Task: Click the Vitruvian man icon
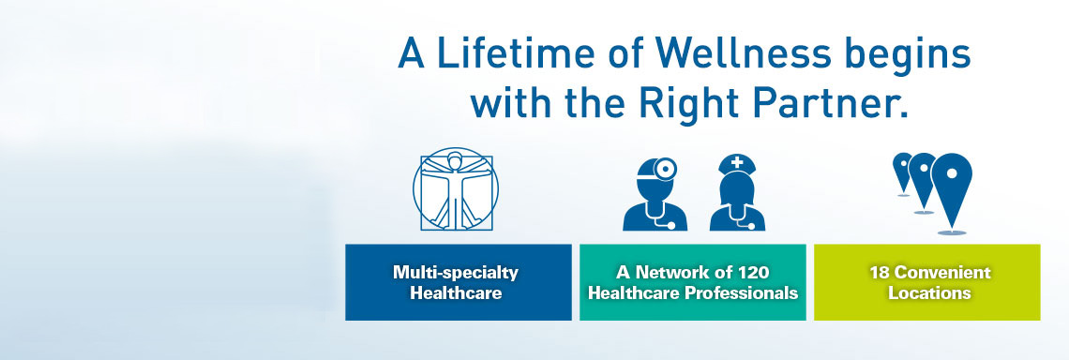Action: [456, 188]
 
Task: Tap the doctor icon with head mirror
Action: [655, 194]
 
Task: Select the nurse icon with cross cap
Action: [737, 192]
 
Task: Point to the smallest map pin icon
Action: [903, 173]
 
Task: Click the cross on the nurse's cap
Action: [737, 163]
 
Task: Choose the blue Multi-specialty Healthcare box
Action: [459, 282]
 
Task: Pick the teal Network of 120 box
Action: [693, 282]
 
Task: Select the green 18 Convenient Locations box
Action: [927, 282]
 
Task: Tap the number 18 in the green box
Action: [879, 273]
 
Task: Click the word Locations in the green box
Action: [929, 293]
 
